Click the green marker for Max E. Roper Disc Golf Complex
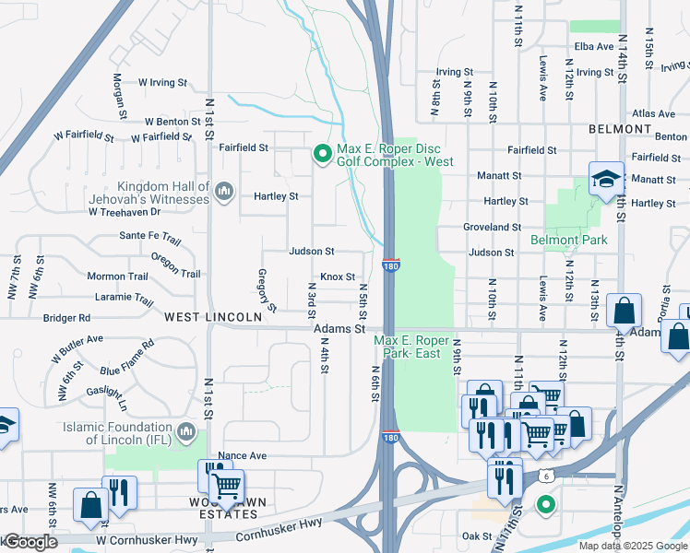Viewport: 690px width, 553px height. (x=322, y=154)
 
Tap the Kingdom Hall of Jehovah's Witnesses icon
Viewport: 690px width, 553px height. (x=223, y=192)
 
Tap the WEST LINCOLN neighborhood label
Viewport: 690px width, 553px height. (x=213, y=316)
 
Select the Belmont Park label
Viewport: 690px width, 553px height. (x=569, y=240)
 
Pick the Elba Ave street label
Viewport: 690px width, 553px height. (x=593, y=46)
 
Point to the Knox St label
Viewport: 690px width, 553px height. (x=338, y=276)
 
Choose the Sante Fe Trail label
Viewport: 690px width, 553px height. (x=149, y=236)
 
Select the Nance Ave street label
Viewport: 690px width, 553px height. (x=242, y=455)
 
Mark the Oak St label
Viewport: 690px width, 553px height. (x=476, y=536)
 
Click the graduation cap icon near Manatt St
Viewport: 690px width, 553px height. (x=606, y=178)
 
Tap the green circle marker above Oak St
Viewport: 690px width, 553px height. (x=545, y=504)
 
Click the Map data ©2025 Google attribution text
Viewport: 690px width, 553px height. (x=632, y=546)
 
